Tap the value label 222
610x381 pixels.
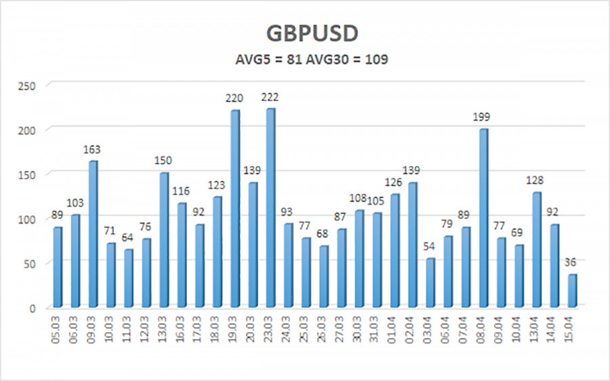pos(270,98)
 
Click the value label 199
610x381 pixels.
pos(483,118)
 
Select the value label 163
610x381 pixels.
pos(94,150)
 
